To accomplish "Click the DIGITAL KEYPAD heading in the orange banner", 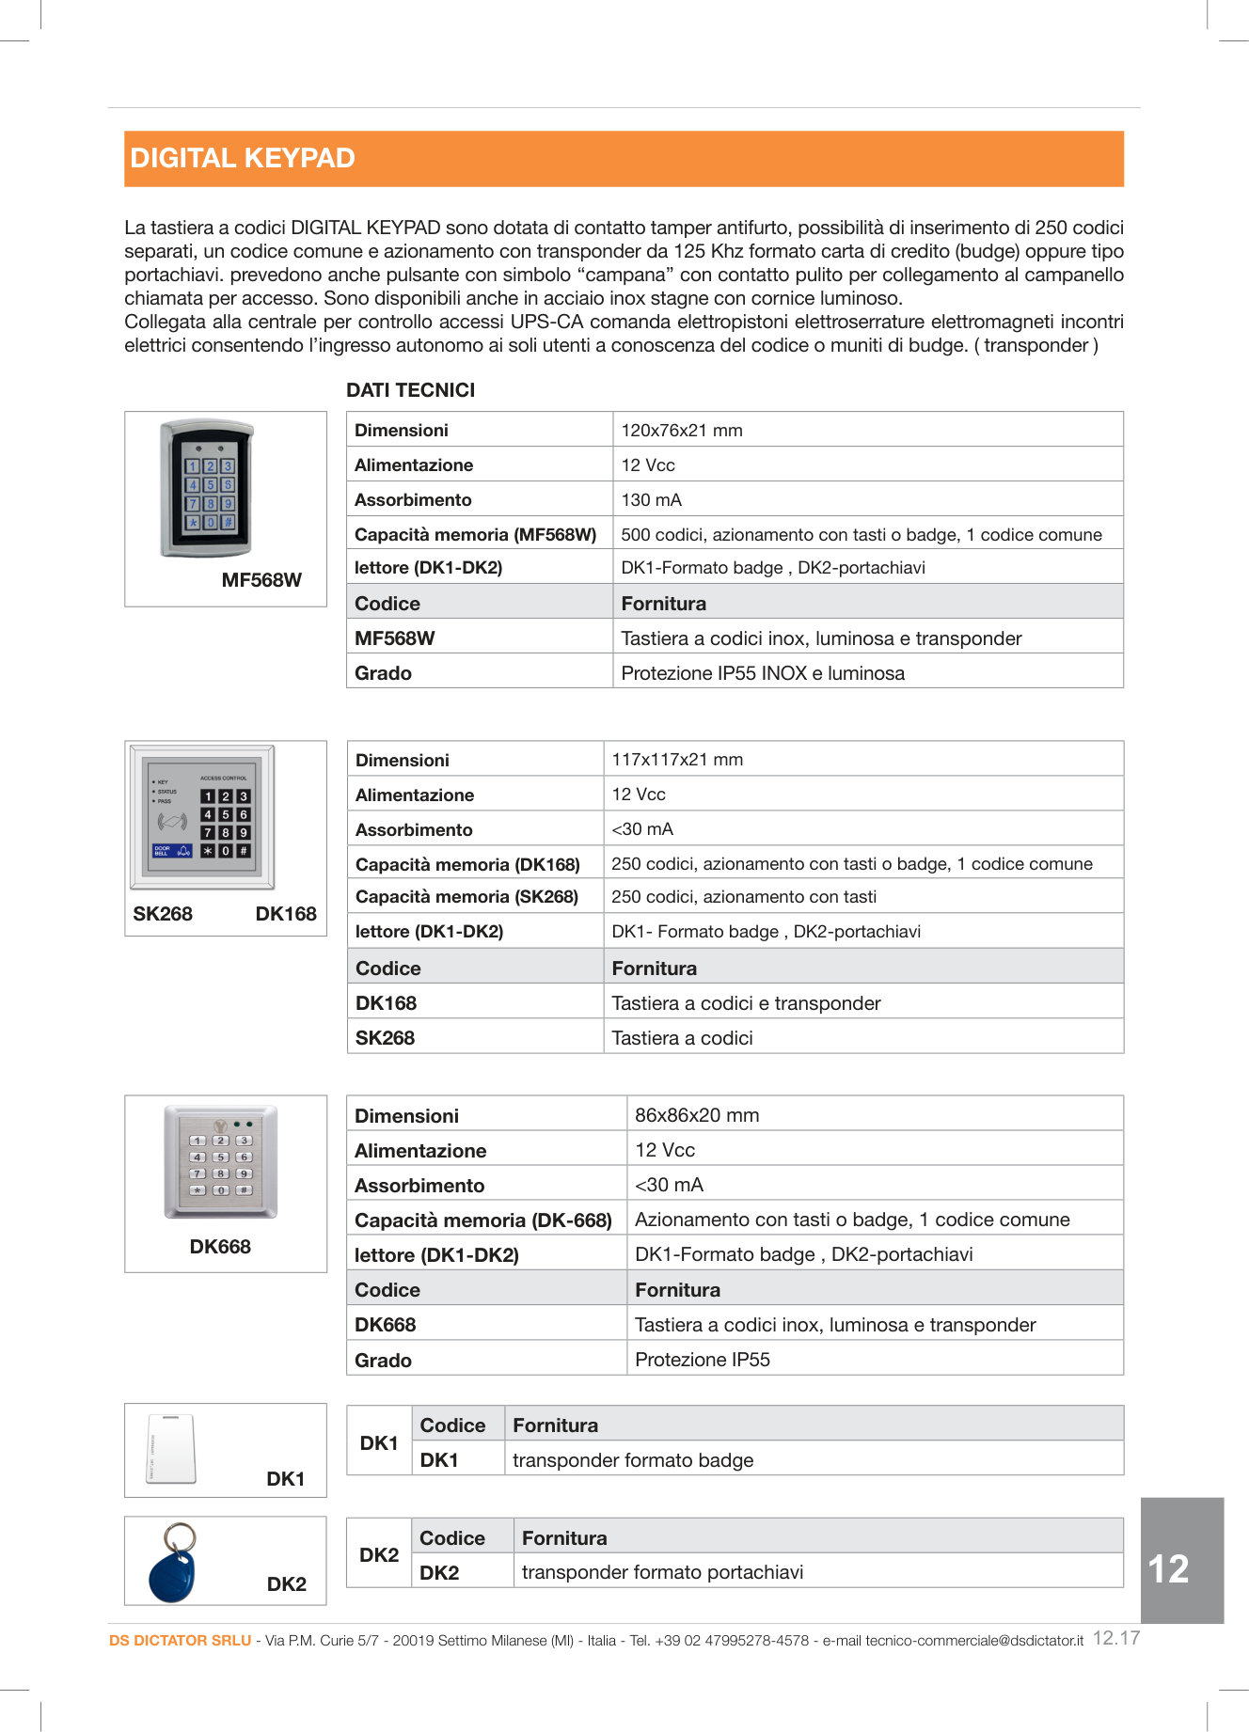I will pos(243,158).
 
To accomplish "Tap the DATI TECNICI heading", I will pos(410,390).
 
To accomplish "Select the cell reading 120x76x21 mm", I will pos(682,431).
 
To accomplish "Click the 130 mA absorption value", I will pos(651,500).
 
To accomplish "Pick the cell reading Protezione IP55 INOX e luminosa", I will pos(763,673).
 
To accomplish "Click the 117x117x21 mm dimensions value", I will pos(677,760).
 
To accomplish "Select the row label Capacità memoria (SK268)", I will pos(466,897).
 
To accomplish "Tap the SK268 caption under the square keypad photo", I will pos(163,914).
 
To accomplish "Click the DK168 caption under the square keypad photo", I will pos(286,914).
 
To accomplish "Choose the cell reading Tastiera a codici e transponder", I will pos(746,1003).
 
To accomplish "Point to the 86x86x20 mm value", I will pos(697,1115).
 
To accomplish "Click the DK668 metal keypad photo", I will pos(220,1162).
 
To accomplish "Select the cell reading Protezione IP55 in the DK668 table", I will pos(703,1360).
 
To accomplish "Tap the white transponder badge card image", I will pos(171,1449).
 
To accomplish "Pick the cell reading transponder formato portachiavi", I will pos(662,1572).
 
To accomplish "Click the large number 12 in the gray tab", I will pos(1168,1568).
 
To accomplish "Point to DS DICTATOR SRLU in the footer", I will pos(180,1641).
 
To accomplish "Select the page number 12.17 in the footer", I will pos(1116,1638).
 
